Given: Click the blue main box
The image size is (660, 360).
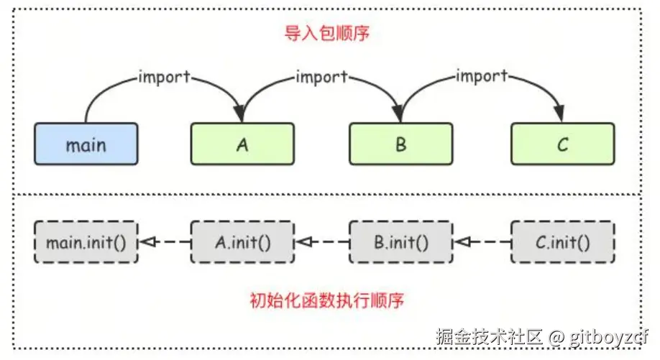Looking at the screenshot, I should [86, 144].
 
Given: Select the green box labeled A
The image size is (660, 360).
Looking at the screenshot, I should [242, 144].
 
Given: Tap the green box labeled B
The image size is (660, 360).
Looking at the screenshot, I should [400, 144].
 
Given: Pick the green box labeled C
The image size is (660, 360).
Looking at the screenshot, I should [563, 144].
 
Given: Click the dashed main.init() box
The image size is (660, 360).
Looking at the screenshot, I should [86, 242].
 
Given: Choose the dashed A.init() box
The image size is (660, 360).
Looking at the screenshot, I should [242, 242].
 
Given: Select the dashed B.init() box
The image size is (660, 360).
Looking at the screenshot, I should [400, 242].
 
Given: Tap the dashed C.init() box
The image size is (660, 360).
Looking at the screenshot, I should [563, 242].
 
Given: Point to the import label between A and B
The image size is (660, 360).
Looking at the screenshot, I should [321, 75].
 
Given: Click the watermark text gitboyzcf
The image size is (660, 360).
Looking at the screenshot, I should [608, 336].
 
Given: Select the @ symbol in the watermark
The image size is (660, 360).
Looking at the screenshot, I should [555, 336].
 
